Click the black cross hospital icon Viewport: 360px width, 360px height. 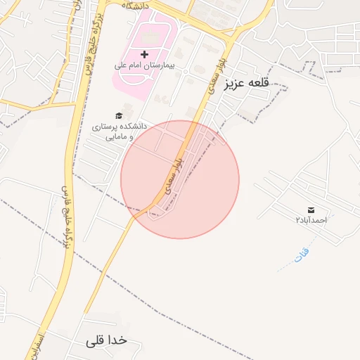(x=145, y=54)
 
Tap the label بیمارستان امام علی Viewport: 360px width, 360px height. (x=145, y=65)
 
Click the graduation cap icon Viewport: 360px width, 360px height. (x=119, y=115)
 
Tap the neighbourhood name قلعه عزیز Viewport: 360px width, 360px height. (x=247, y=84)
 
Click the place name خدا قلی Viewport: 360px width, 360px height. (x=106, y=340)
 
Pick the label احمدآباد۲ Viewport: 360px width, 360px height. (x=311, y=220)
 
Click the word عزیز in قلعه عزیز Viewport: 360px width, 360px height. (x=235, y=84)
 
